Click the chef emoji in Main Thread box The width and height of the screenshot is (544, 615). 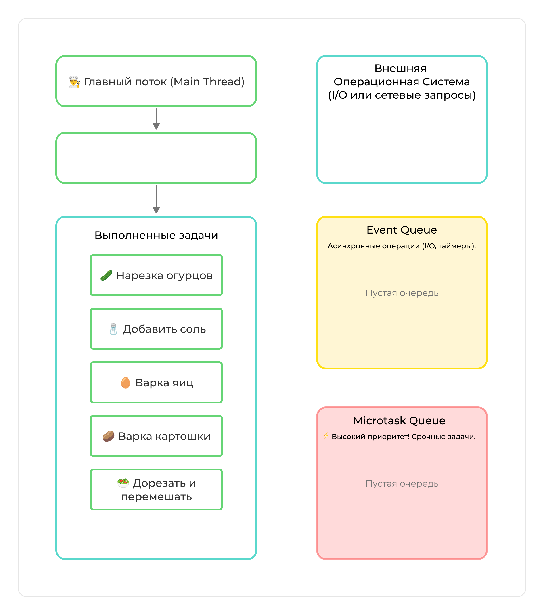(74, 82)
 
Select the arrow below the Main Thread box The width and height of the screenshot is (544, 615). (156, 119)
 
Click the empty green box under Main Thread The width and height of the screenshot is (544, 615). (156, 158)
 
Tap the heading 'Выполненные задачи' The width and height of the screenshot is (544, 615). (156, 235)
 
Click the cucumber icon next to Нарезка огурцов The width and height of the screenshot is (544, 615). (106, 275)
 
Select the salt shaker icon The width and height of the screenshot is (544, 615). (113, 329)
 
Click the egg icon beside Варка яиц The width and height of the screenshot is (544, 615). (126, 383)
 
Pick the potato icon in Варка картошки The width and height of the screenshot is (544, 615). (108, 436)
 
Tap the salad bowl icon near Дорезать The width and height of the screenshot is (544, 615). (123, 483)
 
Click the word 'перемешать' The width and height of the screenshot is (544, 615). (156, 496)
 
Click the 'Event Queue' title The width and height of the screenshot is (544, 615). (402, 230)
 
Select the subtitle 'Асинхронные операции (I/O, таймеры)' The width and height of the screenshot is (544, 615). (402, 246)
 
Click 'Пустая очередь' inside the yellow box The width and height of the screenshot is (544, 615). (402, 293)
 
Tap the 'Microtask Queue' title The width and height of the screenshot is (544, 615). (399, 421)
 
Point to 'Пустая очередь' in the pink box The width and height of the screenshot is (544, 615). (402, 483)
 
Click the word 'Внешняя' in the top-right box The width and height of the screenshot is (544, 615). (400, 69)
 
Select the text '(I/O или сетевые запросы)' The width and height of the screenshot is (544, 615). (402, 95)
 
